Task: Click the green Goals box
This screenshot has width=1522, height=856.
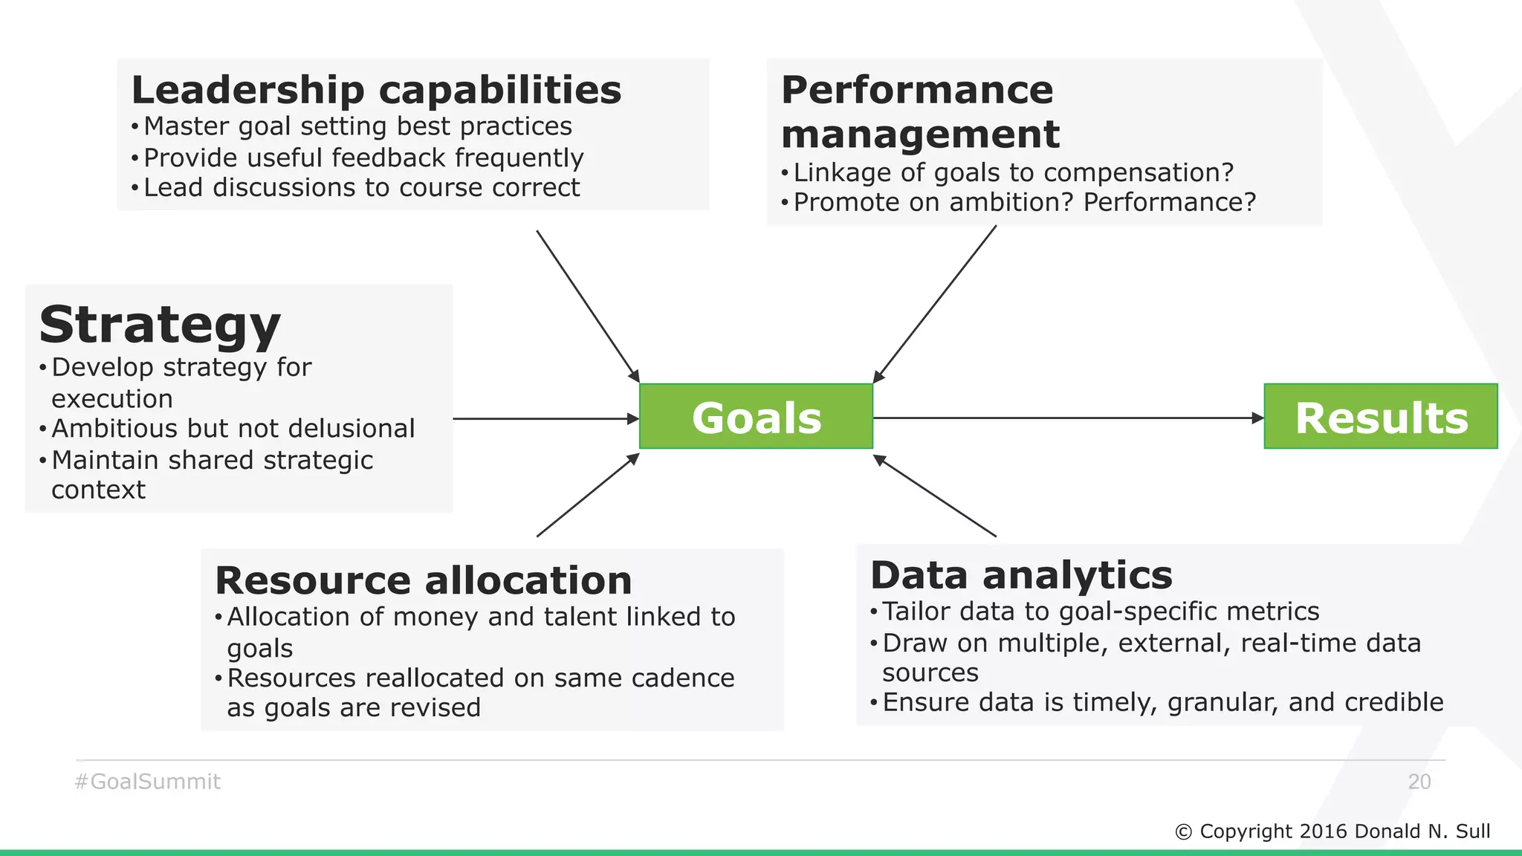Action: [756, 417]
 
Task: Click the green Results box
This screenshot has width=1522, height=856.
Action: [1381, 417]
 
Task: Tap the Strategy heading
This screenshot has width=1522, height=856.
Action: [160, 325]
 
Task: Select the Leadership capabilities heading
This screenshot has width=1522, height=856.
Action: [376, 90]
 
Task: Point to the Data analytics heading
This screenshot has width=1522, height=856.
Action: [1021, 575]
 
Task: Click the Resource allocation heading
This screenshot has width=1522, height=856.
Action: [423, 580]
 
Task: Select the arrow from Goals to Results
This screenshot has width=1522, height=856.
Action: [1068, 418]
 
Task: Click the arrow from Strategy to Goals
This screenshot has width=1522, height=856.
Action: [545, 419]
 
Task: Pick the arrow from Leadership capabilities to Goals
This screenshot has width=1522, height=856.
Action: [587, 305]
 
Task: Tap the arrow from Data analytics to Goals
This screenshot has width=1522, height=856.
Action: [935, 496]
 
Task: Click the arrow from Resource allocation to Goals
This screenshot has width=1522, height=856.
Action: [587, 496]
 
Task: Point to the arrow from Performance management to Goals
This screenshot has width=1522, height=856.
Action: [935, 305]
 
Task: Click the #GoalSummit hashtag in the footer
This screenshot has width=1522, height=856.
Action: [147, 782]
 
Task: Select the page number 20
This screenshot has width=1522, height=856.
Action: [1419, 782]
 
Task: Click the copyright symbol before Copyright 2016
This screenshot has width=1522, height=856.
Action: [1183, 832]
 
